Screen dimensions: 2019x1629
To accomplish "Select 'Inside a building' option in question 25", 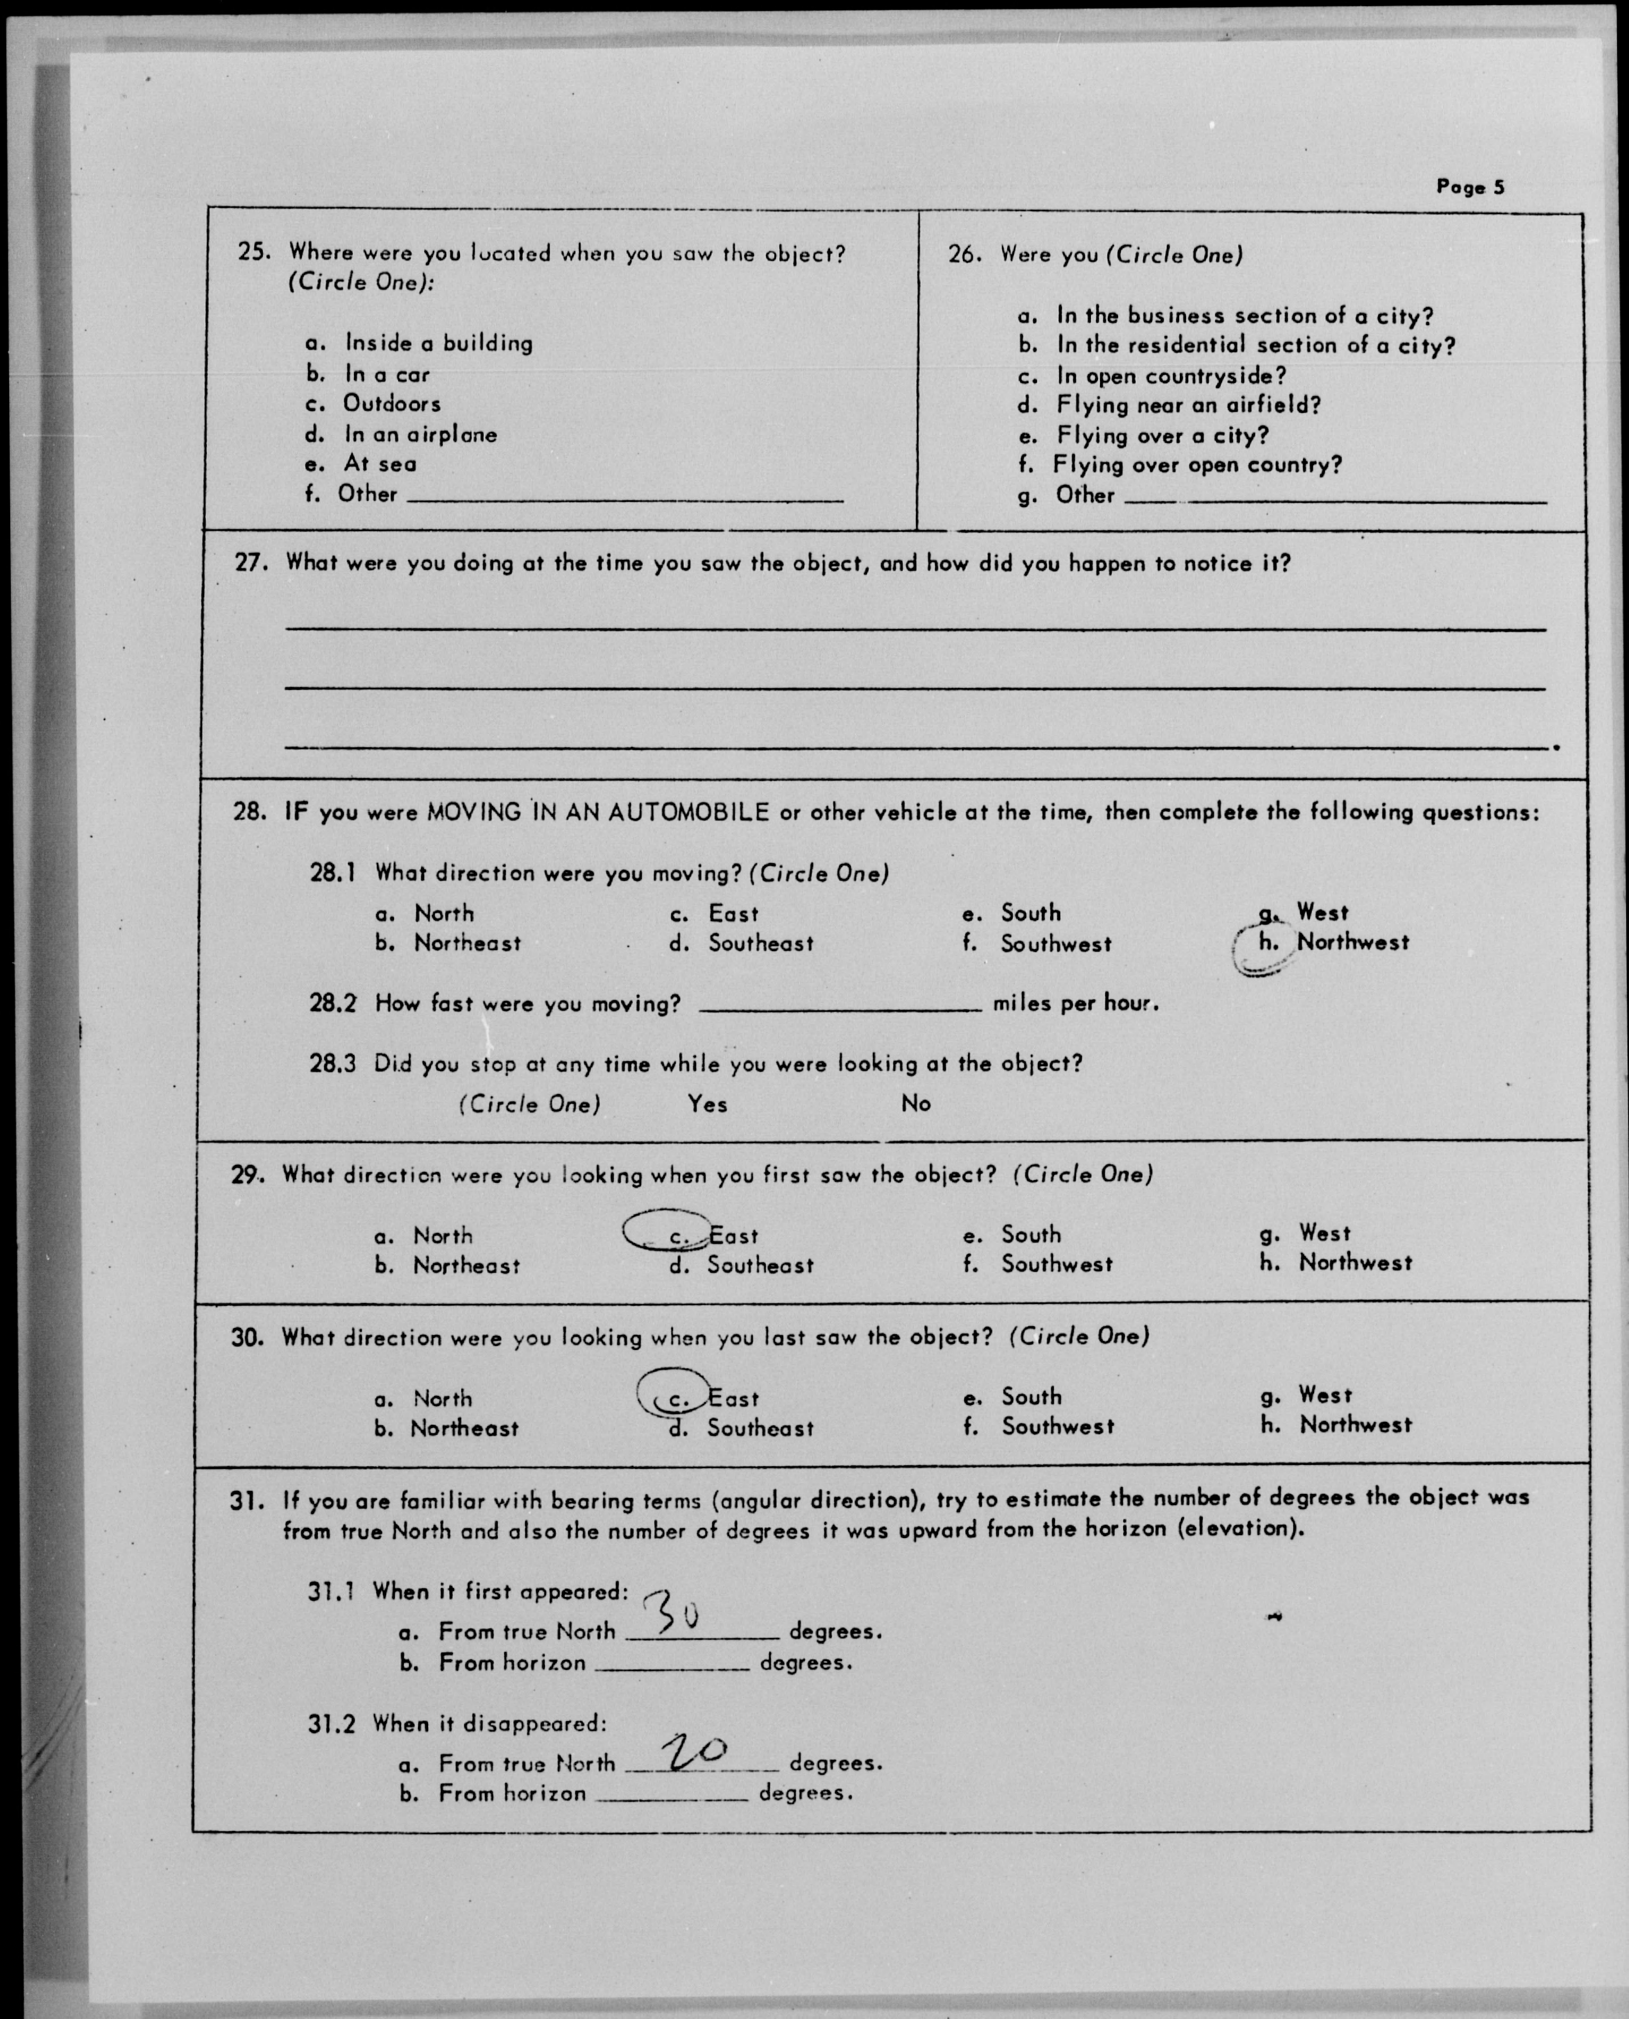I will coord(438,343).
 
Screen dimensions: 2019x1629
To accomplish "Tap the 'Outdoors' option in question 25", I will coord(391,403).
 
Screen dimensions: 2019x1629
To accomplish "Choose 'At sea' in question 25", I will coord(380,464).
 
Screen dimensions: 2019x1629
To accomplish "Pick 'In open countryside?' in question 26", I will coord(1171,376).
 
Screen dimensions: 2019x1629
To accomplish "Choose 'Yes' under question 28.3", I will coord(707,1105).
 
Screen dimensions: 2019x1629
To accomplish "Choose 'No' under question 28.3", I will coord(916,1104).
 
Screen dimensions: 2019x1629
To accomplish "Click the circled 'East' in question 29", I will coord(733,1236).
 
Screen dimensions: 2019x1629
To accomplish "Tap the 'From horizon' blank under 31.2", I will coord(672,1796).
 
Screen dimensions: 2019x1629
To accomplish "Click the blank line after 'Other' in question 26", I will coord(1334,499).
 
